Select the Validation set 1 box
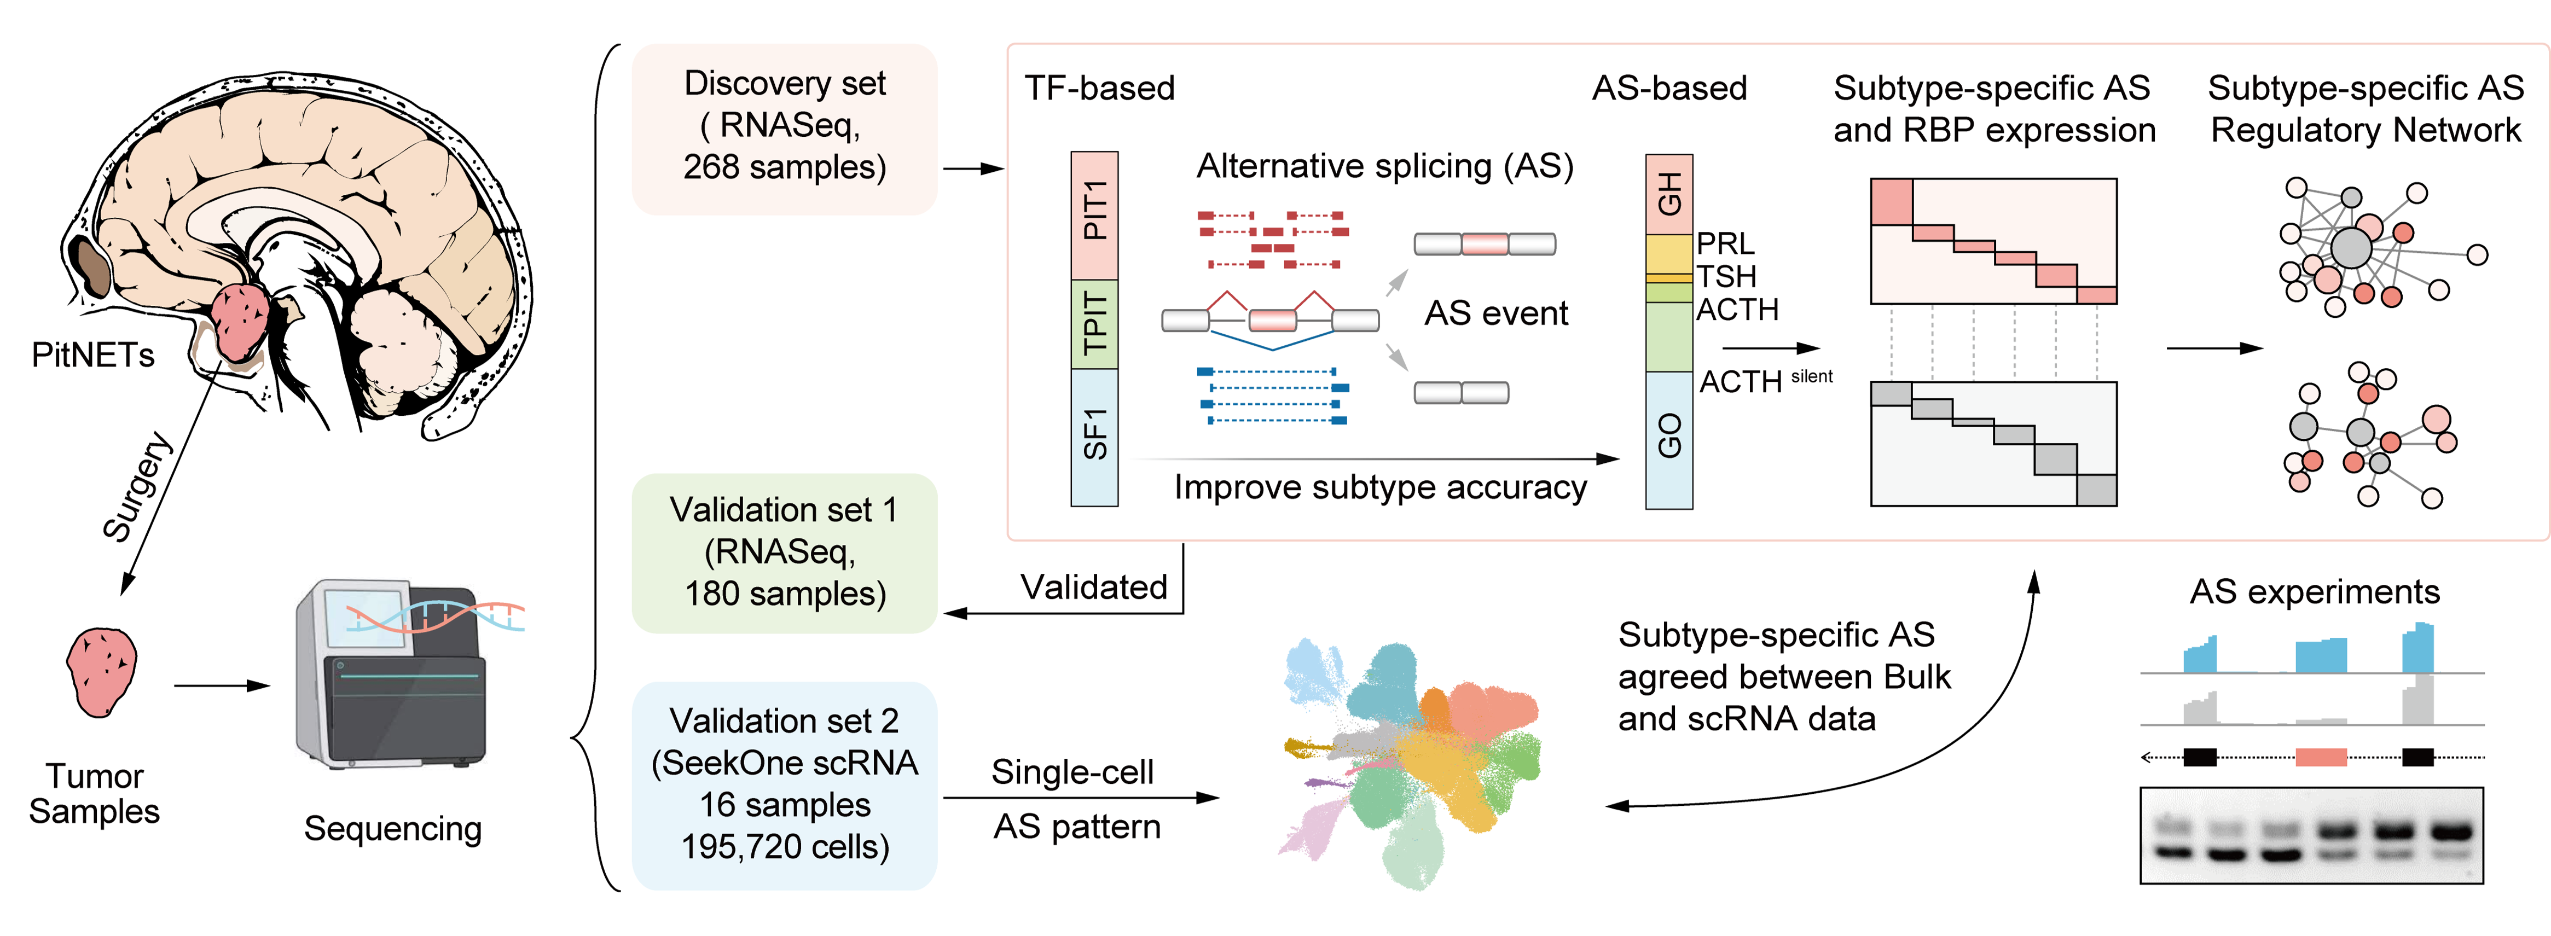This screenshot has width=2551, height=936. (x=784, y=553)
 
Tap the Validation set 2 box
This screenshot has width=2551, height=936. (x=784, y=784)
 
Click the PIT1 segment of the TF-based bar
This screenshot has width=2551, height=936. (x=1094, y=214)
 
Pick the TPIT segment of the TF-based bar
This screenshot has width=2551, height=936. (x=1094, y=324)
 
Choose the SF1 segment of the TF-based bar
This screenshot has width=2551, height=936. (x=1094, y=436)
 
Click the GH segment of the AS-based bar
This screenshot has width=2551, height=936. (x=1668, y=194)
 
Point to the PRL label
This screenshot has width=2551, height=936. (x=1725, y=243)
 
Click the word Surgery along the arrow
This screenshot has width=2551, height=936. (x=138, y=487)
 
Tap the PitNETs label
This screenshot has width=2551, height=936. (x=93, y=354)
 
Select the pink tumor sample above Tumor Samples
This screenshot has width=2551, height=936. (x=101, y=672)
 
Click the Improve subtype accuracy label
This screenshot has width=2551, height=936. (x=1379, y=487)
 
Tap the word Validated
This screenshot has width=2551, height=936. (x=1094, y=588)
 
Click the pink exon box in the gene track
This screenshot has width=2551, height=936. (x=2320, y=758)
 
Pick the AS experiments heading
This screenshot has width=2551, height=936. (x=2314, y=591)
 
